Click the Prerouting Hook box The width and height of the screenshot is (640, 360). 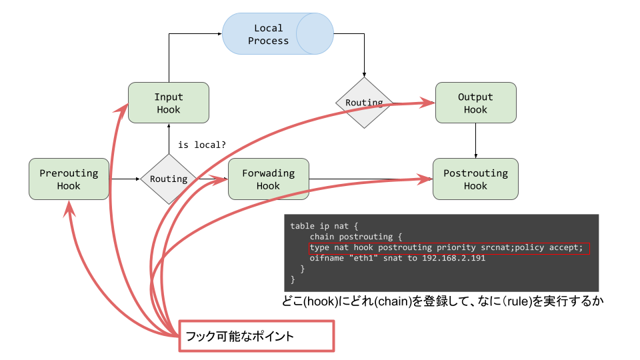(69, 179)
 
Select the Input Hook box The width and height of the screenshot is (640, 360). (168, 103)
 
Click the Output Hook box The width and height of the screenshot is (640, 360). (475, 103)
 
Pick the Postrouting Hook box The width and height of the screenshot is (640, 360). (475, 179)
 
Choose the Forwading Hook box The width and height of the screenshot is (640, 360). (268, 179)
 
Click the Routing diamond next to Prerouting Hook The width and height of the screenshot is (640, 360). (168, 179)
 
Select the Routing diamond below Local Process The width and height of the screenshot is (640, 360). (363, 103)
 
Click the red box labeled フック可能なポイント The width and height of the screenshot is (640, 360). (255, 337)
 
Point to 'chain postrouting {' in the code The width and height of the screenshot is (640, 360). (356, 237)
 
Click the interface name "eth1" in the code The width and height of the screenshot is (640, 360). (366, 258)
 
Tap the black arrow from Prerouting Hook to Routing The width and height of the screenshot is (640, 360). (125, 179)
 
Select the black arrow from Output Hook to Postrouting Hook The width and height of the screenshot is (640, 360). (475, 140)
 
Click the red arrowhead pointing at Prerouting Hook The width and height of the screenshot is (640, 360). (70, 208)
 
